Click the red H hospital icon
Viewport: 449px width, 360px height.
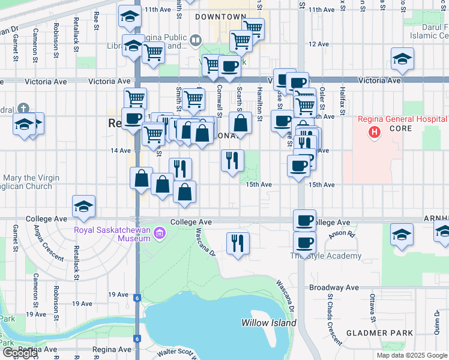point(375,131)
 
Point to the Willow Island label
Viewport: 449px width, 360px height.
point(269,323)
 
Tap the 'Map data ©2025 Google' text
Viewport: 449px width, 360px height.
point(411,355)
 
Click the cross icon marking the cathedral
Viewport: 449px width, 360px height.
point(23,109)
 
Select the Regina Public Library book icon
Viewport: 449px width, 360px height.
point(196,40)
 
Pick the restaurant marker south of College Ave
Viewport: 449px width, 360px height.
point(238,243)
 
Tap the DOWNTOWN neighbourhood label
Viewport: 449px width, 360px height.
point(220,17)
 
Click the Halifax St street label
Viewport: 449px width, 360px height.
point(342,100)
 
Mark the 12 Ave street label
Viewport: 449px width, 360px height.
point(319,44)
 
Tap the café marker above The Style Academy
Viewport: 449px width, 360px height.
point(304,243)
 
